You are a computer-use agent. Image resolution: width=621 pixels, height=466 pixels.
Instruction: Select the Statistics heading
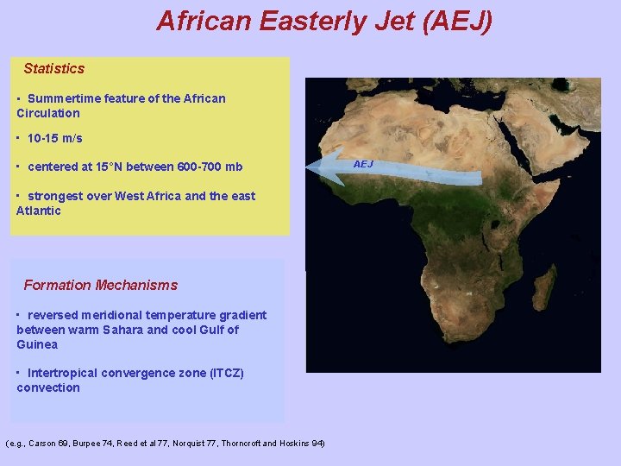click(x=53, y=68)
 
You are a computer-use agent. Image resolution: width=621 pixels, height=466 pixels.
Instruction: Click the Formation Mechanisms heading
click(x=100, y=285)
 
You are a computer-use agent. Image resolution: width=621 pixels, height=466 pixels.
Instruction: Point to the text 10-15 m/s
click(x=54, y=138)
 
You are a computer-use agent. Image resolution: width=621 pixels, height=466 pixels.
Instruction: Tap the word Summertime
click(x=63, y=98)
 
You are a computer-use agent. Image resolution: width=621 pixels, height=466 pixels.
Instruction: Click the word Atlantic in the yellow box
click(x=39, y=211)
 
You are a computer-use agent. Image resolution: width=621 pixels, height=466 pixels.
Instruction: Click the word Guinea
click(x=37, y=344)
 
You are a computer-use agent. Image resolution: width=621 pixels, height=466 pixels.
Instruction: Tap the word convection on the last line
click(x=48, y=387)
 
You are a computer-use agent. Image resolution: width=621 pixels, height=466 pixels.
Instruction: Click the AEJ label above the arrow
click(x=363, y=164)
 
